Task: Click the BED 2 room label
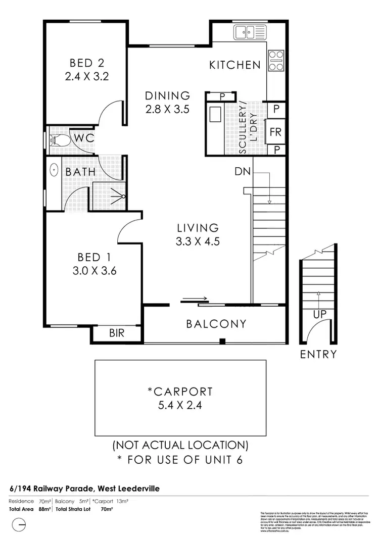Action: (x=87, y=63)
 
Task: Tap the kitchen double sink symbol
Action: (x=246, y=33)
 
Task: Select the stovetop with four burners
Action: (x=276, y=61)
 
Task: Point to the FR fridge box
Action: (x=276, y=133)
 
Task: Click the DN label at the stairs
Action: (x=242, y=171)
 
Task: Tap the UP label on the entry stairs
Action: (x=319, y=314)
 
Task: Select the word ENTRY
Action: (x=318, y=354)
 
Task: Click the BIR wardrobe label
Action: (x=117, y=333)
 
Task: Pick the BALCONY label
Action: (x=216, y=324)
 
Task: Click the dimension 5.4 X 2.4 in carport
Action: (x=180, y=405)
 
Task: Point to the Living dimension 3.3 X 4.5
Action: (x=197, y=241)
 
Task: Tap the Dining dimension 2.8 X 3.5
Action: (x=167, y=108)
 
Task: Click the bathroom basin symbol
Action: (x=54, y=170)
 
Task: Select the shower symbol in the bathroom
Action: (x=120, y=197)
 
